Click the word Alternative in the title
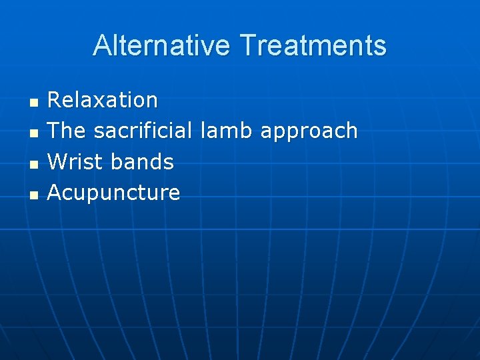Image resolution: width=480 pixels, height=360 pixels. tap(163, 45)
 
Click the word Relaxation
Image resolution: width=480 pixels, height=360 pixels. tap(103, 100)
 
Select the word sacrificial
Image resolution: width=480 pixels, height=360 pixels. tap(143, 131)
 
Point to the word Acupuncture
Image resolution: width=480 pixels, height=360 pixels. tap(113, 193)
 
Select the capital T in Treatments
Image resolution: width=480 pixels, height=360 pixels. tap(247, 45)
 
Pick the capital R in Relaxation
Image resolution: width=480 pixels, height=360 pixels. tap(55, 100)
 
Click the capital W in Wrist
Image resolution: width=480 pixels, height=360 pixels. tap(57, 161)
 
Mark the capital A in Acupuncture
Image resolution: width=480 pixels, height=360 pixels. tap(55, 193)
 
